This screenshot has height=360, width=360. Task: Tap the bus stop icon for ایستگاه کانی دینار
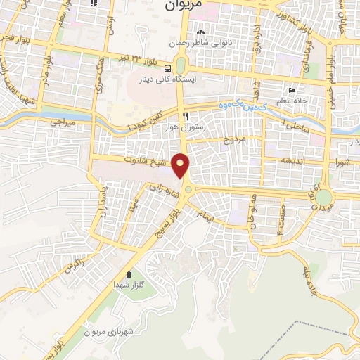(168, 69)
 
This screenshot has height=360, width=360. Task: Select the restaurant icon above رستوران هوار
(185, 116)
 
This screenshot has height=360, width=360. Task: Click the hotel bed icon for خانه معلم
(292, 91)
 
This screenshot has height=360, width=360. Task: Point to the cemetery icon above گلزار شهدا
(128, 274)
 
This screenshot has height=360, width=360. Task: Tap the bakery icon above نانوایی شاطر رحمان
(201, 32)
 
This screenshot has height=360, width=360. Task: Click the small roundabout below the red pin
(188, 188)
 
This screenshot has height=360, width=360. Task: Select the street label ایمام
(204, 212)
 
